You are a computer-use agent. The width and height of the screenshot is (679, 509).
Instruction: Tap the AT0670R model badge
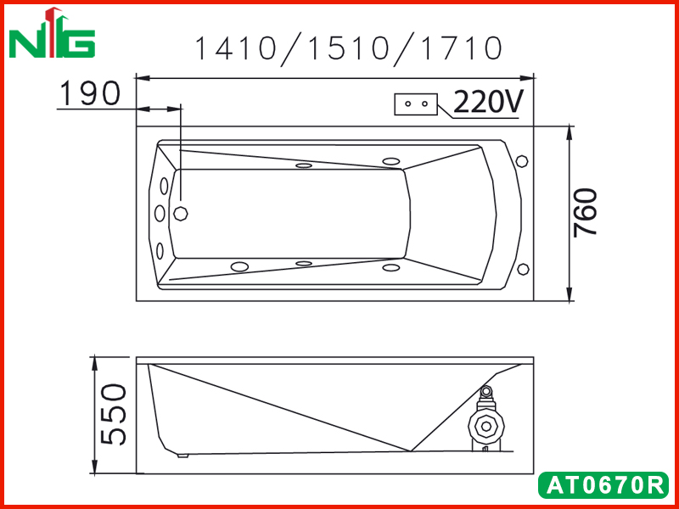tap(603, 485)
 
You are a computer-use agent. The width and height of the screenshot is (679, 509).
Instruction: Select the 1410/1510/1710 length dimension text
tap(349, 48)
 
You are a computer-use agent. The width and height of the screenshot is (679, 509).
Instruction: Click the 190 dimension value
tap(90, 93)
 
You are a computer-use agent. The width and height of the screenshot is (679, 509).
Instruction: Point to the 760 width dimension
tap(585, 213)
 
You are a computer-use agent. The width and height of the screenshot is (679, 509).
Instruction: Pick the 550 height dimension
tap(114, 414)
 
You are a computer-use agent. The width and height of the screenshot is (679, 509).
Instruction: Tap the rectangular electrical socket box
tap(416, 104)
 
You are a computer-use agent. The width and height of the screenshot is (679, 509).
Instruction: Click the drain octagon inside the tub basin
tap(181, 214)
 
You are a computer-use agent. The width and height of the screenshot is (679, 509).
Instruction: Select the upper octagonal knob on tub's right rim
tap(522, 161)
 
